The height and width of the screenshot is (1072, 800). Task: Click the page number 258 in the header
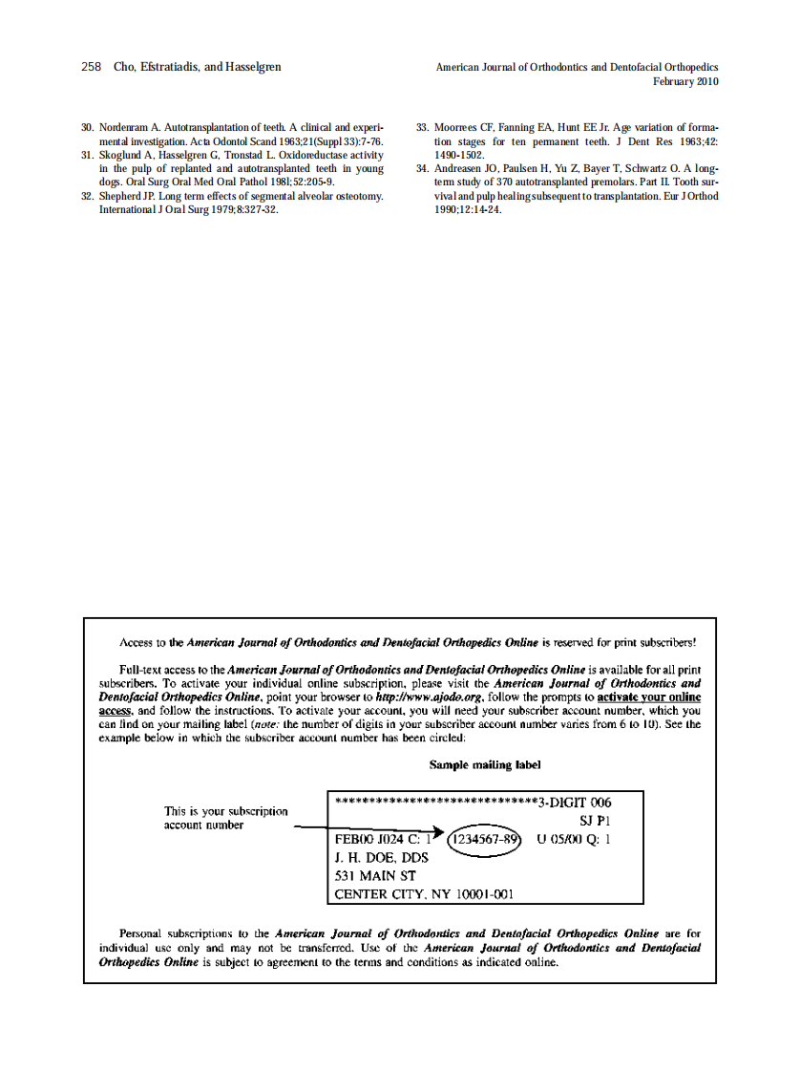pos(92,68)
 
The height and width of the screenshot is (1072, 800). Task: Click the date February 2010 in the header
pos(684,82)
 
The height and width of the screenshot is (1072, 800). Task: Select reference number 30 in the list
pos(87,127)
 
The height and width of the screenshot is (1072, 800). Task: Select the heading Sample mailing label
pos(485,765)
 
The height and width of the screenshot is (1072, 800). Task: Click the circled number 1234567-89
pos(486,840)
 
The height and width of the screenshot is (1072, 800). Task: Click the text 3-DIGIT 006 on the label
pos(575,803)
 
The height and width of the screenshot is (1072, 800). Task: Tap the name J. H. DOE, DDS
pos(381,858)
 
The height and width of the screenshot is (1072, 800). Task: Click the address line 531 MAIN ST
pos(374,876)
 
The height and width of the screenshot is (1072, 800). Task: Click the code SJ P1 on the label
pos(595,821)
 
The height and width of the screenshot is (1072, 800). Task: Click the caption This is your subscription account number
pos(225,818)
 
